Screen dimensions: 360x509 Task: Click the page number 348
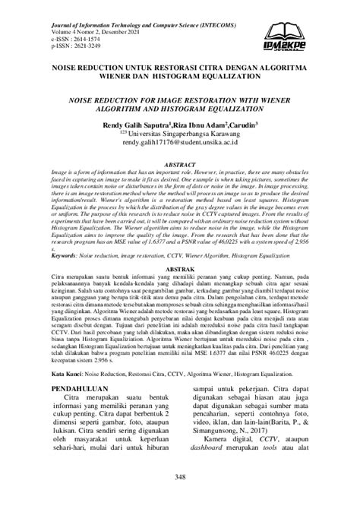(180, 476)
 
